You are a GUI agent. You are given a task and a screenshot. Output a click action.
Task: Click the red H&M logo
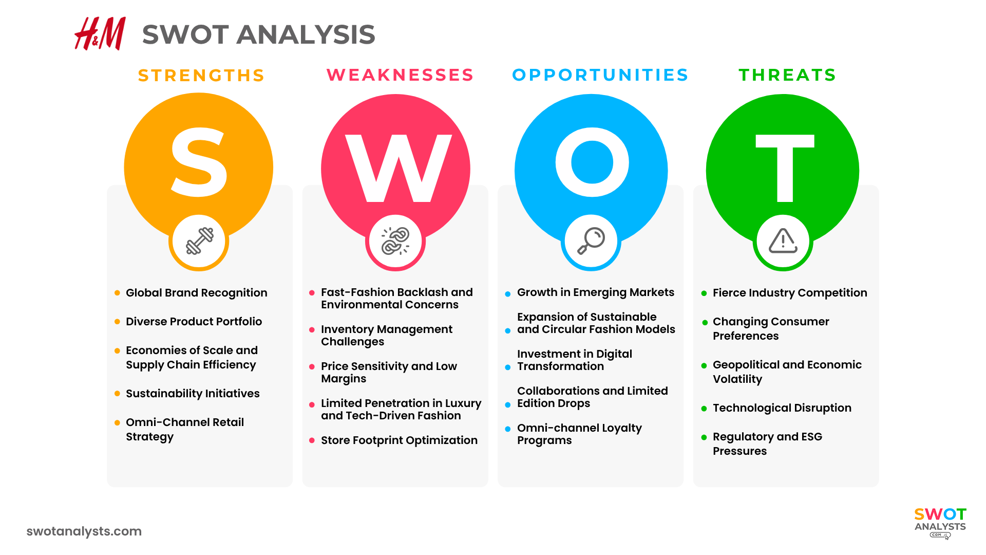point(100,34)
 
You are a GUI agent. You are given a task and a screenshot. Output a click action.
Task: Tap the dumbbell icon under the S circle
point(199,241)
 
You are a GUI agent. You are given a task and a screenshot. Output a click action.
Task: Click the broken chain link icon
point(395,241)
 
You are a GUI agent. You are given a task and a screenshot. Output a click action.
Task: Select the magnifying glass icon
point(591,240)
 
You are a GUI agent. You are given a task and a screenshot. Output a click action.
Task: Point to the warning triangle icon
point(783,241)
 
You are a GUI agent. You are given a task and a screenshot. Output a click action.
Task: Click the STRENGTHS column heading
point(201,76)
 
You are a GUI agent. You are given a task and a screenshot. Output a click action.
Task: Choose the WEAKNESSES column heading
point(400,75)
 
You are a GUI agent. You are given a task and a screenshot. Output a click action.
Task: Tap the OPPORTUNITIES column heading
point(600,75)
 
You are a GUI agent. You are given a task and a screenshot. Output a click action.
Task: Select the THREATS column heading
point(787,75)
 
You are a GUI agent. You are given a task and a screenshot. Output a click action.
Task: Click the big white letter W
point(398,169)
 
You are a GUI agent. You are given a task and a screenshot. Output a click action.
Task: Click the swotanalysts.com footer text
point(84,531)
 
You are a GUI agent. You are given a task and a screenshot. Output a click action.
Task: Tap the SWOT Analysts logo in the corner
point(940,522)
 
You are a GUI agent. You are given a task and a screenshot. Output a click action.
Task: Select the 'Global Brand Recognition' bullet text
point(196,293)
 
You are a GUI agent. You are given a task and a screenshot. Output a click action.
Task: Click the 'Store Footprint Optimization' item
point(399,440)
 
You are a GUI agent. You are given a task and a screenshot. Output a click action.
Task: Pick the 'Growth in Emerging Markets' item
point(595,292)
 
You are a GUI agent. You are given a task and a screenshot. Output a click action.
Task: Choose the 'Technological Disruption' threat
point(782,408)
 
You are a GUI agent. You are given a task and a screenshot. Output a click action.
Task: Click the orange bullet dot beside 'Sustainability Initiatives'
point(117,394)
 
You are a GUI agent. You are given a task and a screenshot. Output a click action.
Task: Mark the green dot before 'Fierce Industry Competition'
point(704,293)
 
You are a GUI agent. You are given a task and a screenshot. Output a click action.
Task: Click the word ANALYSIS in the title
point(306,35)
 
